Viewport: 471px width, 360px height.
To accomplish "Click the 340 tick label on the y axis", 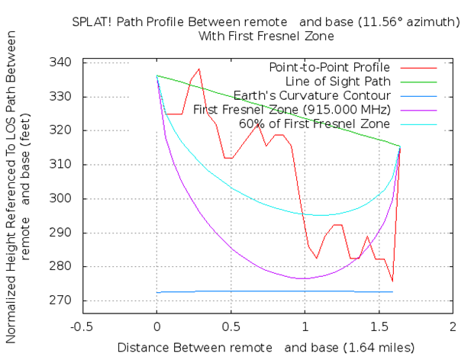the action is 60,63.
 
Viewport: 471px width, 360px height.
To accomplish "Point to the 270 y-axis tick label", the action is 60,300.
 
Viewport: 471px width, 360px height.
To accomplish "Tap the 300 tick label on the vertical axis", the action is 60,198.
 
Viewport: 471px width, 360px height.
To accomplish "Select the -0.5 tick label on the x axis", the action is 82,326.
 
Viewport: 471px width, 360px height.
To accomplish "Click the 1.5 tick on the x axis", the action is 379,326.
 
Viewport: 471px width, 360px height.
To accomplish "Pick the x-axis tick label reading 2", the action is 453,326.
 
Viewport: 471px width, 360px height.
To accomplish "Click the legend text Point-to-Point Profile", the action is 330,67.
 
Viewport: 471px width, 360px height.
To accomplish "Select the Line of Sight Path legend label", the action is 338,82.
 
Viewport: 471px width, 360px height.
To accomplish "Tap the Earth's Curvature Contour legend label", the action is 312,95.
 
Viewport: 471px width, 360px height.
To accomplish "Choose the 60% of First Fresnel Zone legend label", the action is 315,124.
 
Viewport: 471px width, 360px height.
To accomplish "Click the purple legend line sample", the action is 418,111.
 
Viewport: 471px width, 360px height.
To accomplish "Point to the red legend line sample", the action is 418,68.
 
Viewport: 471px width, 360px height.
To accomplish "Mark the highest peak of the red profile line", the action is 198,69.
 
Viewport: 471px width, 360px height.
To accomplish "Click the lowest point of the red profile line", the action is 392,281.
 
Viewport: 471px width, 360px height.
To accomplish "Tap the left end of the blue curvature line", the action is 156,292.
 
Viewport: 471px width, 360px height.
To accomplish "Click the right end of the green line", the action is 400,146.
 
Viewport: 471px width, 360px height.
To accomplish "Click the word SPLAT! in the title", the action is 92,22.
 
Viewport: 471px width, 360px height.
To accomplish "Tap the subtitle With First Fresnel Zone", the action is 266,37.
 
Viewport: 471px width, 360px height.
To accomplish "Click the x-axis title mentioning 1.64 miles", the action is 266,348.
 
